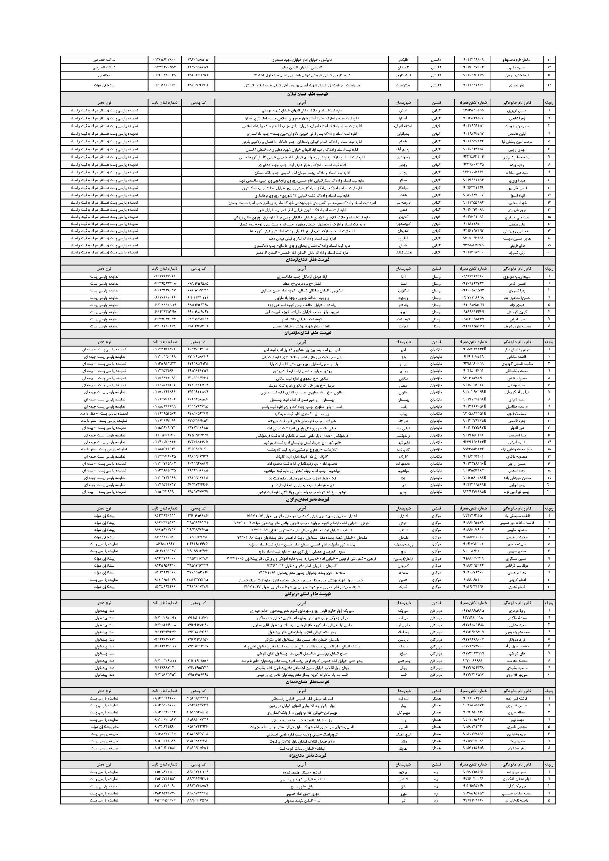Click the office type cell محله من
pos(104,75)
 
